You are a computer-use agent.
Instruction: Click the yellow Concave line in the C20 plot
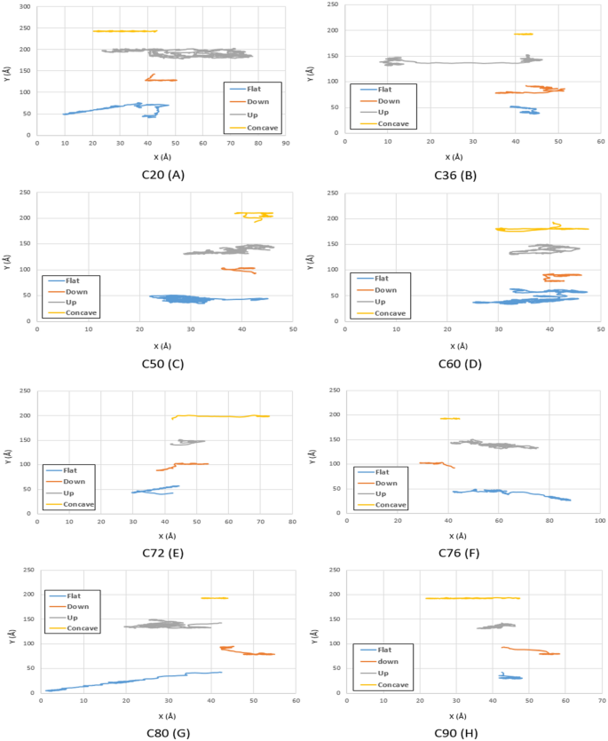124,31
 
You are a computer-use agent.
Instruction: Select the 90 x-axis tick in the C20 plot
285,142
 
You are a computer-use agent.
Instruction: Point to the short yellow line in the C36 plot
523,35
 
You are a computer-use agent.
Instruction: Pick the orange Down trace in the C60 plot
562,276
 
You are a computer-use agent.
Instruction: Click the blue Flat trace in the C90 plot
510,677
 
